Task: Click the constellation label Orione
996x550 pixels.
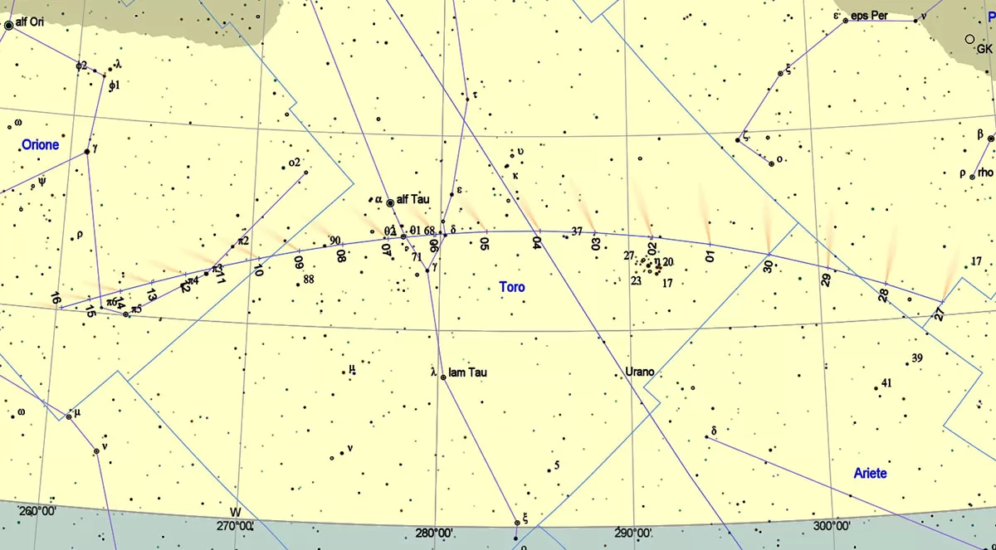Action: coord(40,145)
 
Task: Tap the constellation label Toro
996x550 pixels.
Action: coord(512,287)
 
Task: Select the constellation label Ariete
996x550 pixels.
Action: coord(870,473)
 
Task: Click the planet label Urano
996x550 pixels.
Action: coord(639,372)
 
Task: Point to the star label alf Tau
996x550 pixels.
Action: coord(413,199)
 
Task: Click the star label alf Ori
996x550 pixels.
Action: coord(29,23)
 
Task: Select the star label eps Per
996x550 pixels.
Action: coord(867,16)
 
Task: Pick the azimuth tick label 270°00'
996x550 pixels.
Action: coord(235,525)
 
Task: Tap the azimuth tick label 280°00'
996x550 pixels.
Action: coord(434,533)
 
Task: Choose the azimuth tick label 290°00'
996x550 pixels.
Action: coord(632,533)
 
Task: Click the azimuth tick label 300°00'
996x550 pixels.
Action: coord(832,525)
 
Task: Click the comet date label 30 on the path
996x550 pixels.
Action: coord(769,266)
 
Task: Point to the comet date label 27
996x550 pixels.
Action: coord(939,314)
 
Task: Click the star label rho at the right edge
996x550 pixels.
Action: coord(985,173)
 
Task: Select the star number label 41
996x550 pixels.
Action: coord(886,382)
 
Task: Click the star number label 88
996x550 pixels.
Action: coord(309,279)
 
